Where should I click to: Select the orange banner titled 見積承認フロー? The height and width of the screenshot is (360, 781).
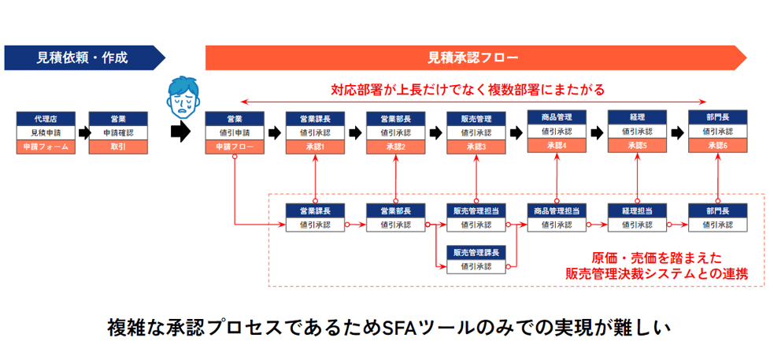pyautogui.click(x=476, y=58)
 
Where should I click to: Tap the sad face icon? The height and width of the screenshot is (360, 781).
pyautogui.click(x=183, y=96)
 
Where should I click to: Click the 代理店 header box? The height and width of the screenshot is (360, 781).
pyautogui.click(x=46, y=119)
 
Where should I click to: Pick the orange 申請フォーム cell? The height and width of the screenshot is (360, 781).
pyautogui.click(x=46, y=147)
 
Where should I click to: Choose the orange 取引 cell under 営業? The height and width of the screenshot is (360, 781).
pyautogui.click(x=118, y=147)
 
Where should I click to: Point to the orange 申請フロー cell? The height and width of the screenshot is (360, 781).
pyautogui.click(x=235, y=147)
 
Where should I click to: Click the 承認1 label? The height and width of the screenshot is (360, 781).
pyautogui.click(x=315, y=147)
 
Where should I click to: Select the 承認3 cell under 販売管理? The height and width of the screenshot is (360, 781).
pyautogui.click(x=476, y=147)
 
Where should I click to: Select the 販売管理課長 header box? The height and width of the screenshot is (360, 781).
pyautogui.click(x=476, y=253)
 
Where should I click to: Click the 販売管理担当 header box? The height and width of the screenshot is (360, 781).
pyautogui.click(x=476, y=210)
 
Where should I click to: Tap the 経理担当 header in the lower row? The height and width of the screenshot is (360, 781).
pyautogui.click(x=638, y=210)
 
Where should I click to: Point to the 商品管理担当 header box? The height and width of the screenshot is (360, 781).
pyautogui.click(x=557, y=210)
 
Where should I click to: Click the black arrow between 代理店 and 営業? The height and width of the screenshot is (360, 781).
pyautogui.click(x=82, y=133)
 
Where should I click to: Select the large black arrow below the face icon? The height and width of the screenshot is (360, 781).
pyautogui.click(x=180, y=132)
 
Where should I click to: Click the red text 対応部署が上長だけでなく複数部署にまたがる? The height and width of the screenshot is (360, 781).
pyautogui.click(x=468, y=90)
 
